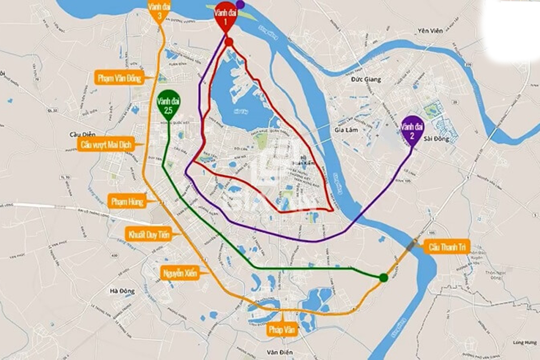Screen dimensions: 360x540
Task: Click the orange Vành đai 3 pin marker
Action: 160,11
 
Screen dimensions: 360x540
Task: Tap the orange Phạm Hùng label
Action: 127,202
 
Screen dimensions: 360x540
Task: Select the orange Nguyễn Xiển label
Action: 180,273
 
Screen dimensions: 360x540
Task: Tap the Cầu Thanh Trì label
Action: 447,247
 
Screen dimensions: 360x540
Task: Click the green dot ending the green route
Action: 383,278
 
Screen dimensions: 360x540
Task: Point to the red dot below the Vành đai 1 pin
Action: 229,42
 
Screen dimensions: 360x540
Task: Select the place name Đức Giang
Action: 367,80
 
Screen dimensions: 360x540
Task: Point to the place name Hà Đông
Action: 121,291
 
